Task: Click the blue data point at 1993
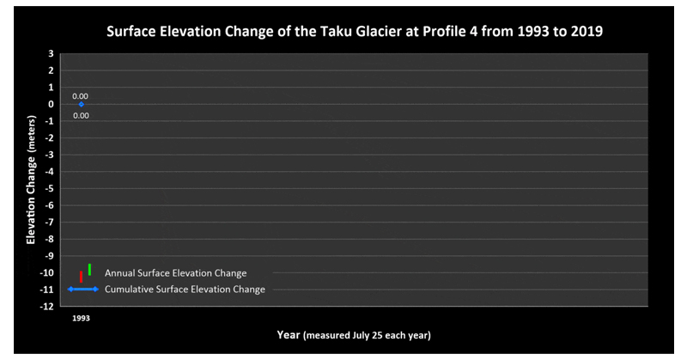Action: coord(81,105)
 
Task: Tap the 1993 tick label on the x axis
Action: coord(81,317)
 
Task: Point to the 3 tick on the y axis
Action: coord(52,53)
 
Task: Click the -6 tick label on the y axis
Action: coord(51,205)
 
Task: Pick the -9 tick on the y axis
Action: coord(51,256)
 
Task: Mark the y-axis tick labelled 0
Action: coord(52,104)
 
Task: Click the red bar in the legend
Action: coord(81,277)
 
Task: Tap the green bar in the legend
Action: coord(89,269)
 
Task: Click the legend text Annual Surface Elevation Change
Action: coord(175,273)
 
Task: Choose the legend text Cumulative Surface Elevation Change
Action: coord(185,290)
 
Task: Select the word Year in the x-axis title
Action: coord(289,334)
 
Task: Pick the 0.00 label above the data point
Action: coord(81,96)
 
